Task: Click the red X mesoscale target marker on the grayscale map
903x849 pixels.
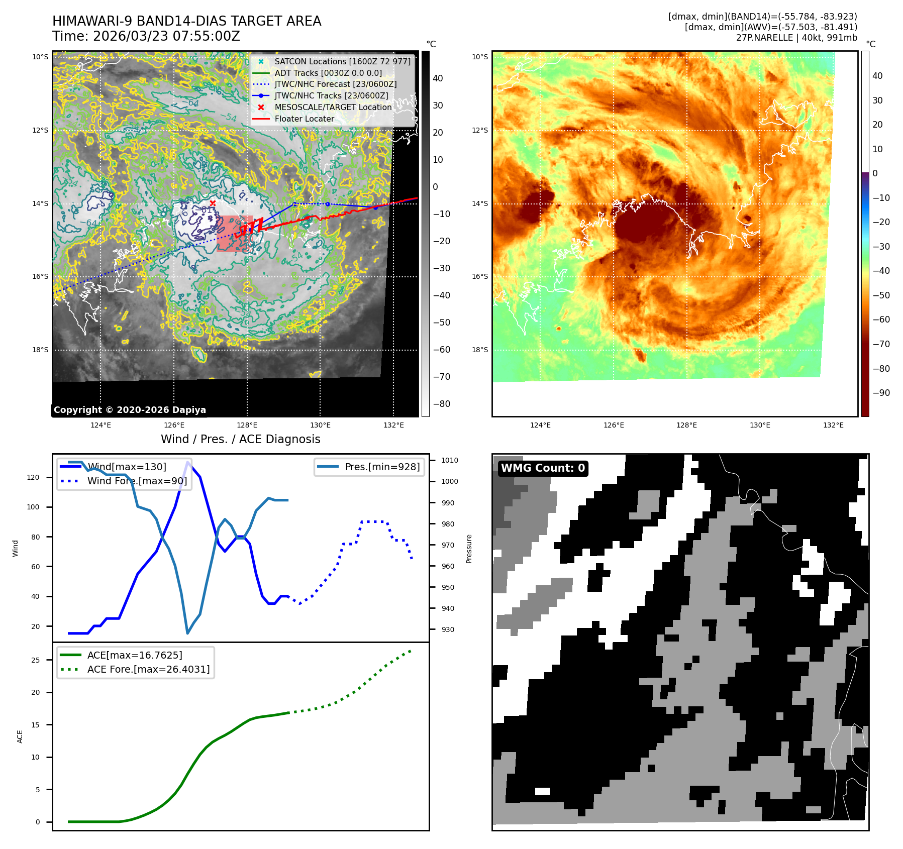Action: (213, 203)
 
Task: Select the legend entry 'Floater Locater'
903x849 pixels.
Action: (304, 119)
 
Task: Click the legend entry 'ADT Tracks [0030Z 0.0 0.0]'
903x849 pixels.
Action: (328, 73)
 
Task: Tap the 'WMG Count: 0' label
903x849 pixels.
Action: (543, 468)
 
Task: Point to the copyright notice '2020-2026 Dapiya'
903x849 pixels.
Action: (130, 410)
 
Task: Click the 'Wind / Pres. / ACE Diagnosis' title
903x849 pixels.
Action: (240, 439)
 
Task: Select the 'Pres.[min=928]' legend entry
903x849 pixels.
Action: (382, 467)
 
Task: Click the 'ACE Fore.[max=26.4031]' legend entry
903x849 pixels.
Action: (148, 669)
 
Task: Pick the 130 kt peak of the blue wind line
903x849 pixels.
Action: (188, 462)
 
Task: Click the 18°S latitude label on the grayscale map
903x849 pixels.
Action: (40, 350)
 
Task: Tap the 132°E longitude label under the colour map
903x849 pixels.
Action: (833, 425)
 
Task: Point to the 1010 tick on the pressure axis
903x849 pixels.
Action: (449, 460)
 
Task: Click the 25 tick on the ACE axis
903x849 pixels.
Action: (35, 660)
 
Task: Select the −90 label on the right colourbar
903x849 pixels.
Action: (881, 393)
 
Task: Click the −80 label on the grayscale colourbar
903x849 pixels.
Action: (441, 404)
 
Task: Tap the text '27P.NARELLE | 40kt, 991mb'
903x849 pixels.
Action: (796, 38)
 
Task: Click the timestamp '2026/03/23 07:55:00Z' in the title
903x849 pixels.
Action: (166, 37)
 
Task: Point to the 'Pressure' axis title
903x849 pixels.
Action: (469, 549)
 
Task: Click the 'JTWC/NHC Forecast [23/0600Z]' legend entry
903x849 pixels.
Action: (335, 84)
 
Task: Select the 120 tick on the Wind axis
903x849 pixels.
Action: (33, 477)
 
